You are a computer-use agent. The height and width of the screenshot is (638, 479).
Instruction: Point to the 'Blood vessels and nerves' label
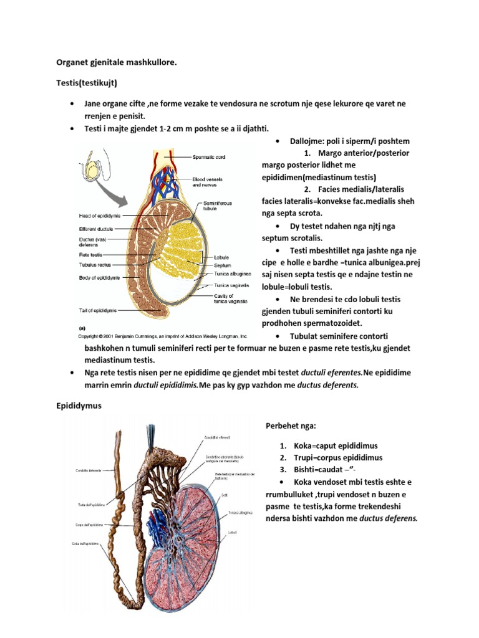(207, 182)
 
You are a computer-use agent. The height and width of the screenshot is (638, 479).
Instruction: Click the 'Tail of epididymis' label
(98, 310)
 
